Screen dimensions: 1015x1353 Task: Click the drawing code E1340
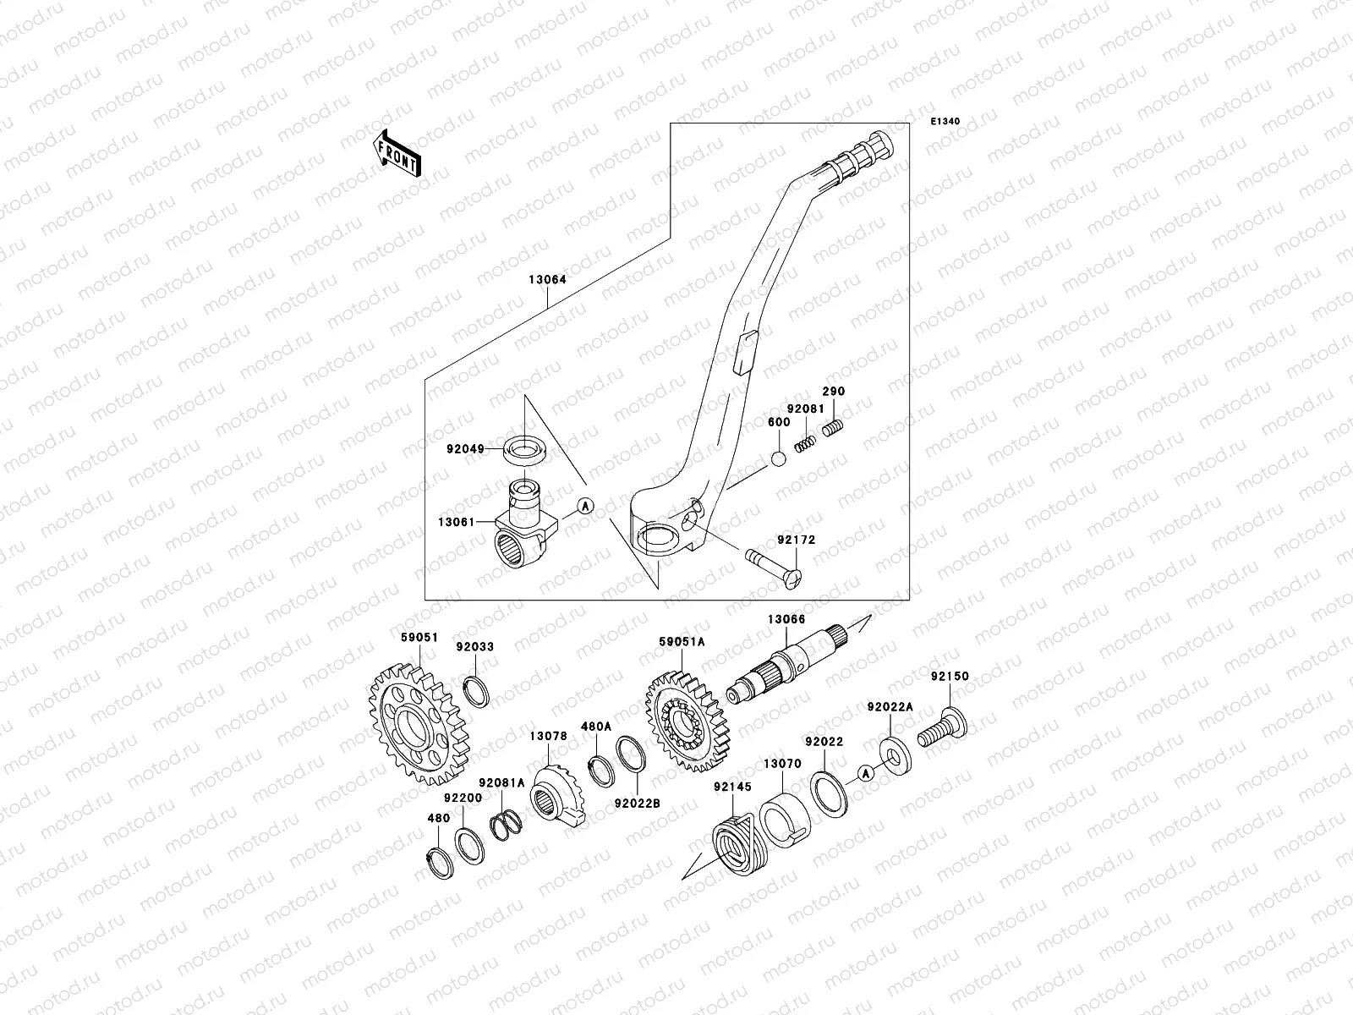tap(945, 122)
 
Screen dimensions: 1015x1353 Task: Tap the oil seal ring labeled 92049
tap(527, 449)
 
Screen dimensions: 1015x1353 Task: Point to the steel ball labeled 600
tap(779, 459)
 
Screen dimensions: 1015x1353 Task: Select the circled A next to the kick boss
tap(584, 506)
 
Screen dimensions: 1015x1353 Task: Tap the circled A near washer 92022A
tap(864, 772)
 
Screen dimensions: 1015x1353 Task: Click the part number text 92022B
tap(637, 804)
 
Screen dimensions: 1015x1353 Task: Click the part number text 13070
tap(782, 763)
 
